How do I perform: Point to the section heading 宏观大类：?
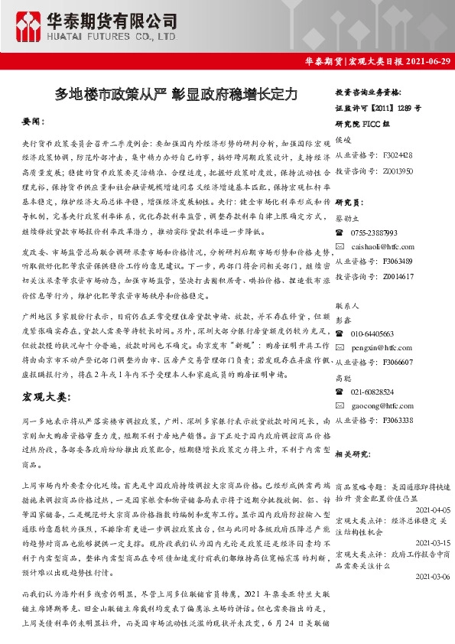coord(45,398)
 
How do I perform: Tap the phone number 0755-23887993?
coord(374,232)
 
